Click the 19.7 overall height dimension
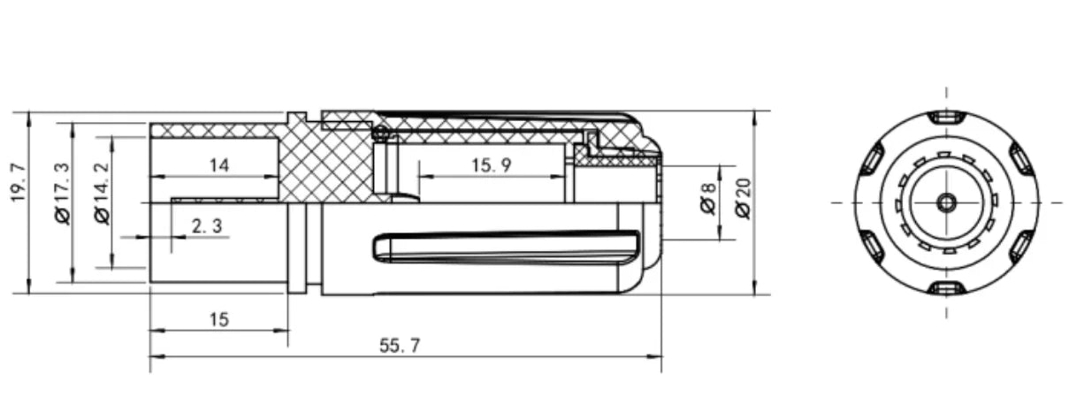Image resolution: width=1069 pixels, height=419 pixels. coord(18,182)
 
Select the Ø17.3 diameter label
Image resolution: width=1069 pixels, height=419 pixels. coord(62,194)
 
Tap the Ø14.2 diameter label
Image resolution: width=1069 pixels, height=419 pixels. coord(102,194)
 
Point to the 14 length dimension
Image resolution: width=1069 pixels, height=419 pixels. coord(219,165)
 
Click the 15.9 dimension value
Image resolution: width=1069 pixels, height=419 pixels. coord(491,165)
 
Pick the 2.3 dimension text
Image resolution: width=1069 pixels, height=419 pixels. coord(207,226)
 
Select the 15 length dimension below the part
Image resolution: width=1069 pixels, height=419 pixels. coord(219,320)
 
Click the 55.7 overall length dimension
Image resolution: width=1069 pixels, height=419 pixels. coord(400,346)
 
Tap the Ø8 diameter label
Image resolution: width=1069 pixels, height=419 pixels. coord(708,198)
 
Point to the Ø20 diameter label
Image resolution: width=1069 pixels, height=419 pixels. coord(743,199)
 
